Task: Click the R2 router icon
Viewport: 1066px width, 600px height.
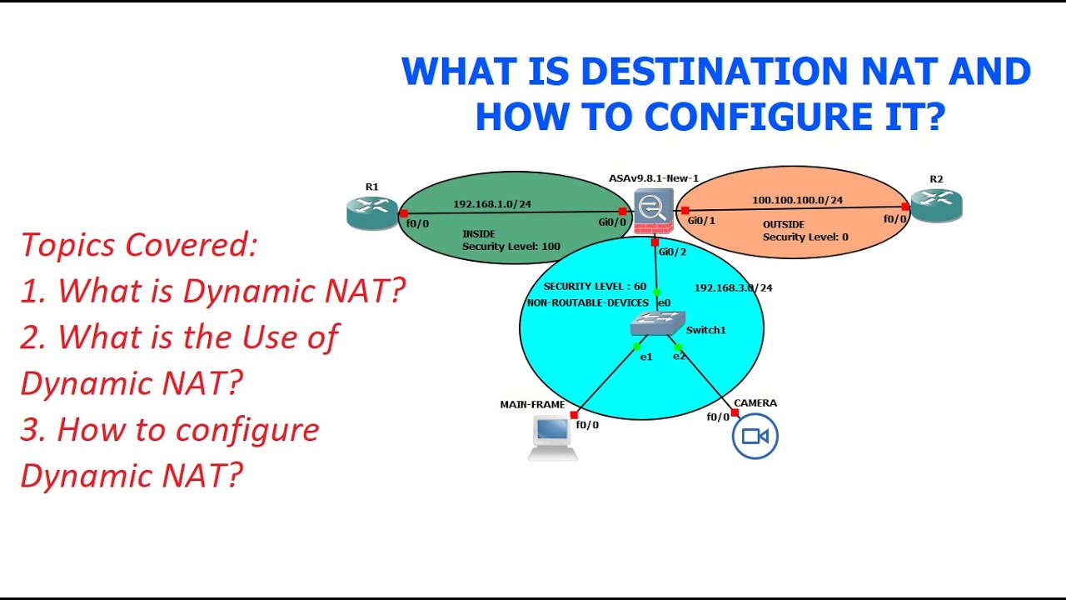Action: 936,205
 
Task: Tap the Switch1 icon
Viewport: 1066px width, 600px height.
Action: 657,323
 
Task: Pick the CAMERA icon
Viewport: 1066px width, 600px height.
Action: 755,437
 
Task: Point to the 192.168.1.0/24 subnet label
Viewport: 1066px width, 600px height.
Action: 492,203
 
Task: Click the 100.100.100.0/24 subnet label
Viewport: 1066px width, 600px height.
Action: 797,200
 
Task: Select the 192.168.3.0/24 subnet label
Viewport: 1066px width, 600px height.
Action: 733,288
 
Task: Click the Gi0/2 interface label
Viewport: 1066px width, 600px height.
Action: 672,252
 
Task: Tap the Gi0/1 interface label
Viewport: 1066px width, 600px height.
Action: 702,220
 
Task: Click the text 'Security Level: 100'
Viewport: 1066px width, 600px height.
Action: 511,247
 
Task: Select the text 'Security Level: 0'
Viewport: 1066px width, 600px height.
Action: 805,237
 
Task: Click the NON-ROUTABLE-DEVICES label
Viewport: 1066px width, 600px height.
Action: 587,302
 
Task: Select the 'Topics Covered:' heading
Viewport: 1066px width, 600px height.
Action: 139,245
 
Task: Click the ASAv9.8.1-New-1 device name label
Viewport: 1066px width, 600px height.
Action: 653,178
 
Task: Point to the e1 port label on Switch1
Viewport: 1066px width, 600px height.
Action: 645,357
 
